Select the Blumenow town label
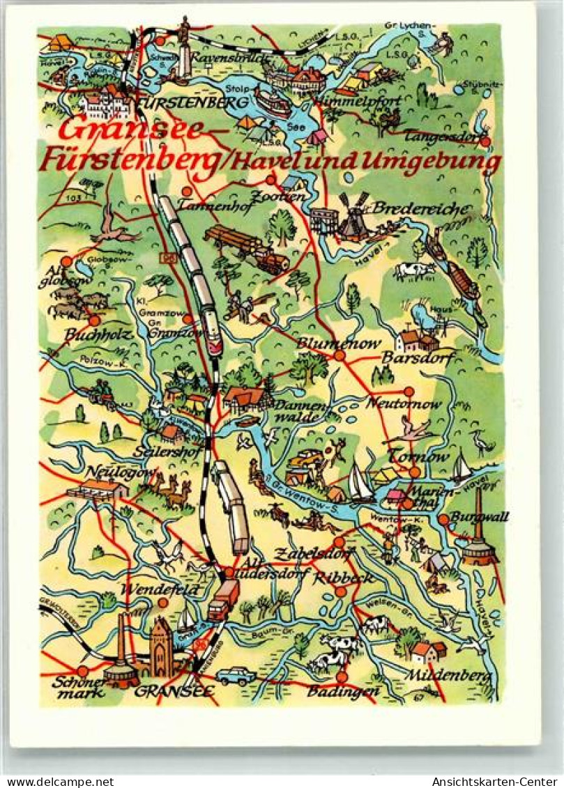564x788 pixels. click(x=338, y=343)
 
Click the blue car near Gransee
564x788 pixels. click(x=235, y=675)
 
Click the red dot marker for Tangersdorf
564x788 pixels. click(x=485, y=141)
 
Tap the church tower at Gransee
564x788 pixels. click(x=161, y=647)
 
